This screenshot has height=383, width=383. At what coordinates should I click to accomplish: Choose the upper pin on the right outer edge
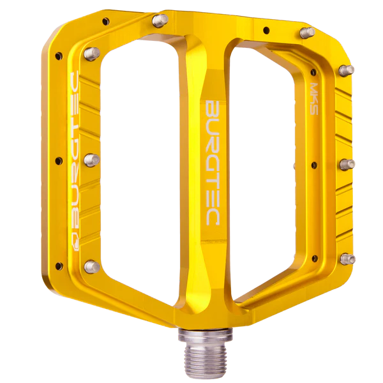(347, 69)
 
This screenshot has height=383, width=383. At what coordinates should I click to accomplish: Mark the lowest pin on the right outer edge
(347, 258)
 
